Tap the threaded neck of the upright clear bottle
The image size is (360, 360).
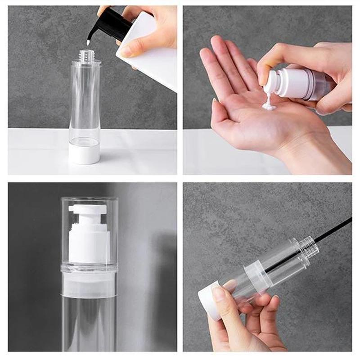click(x=85, y=56)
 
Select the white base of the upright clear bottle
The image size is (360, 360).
click(x=84, y=152)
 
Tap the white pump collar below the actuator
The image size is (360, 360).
click(x=89, y=245)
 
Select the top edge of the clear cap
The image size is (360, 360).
click(x=90, y=198)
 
